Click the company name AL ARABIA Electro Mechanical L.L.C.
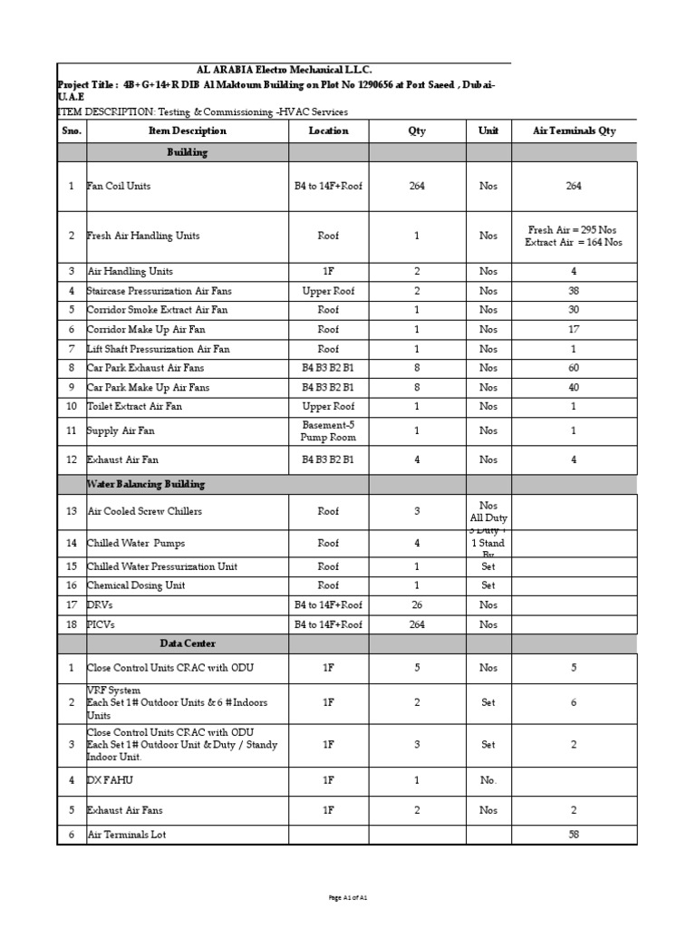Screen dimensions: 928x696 click(x=284, y=71)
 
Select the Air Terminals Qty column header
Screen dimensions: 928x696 click(x=574, y=130)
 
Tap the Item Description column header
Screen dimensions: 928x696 click(x=187, y=130)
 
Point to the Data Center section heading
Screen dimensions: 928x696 click(x=188, y=643)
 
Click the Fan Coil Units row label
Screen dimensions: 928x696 click(x=120, y=186)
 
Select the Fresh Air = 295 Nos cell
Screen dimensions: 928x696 click(x=574, y=229)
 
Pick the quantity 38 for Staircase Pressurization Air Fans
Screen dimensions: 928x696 click(x=574, y=291)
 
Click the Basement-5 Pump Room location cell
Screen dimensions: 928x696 click(x=328, y=430)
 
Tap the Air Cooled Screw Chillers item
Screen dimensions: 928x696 click(x=145, y=511)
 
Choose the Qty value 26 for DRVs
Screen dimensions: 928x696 click(x=417, y=604)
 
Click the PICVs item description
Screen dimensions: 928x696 click(x=102, y=624)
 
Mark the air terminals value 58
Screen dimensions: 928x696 click(x=574, y=835)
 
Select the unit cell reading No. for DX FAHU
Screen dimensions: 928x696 click(x=488, y=778)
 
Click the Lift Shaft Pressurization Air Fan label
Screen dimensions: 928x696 click(x=159, y=349)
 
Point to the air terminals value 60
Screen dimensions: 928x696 click(x=574, y=368)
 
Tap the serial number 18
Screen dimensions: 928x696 click(x=71, y=624)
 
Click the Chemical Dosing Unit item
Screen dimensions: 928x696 click(x=136, y=585)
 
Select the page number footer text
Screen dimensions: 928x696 click(x=348, y=897)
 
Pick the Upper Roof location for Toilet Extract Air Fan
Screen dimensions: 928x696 click(x=328, y=406)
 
